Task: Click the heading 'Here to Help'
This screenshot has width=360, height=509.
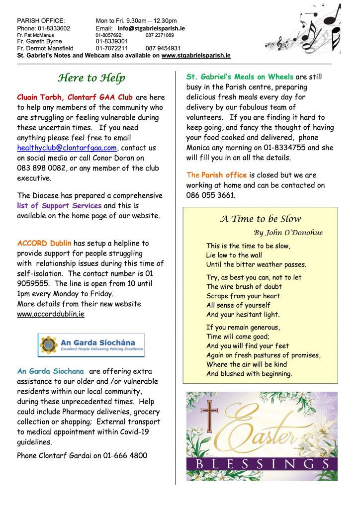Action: [x=91, y=78]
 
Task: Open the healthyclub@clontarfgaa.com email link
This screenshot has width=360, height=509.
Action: [x=67, y=148]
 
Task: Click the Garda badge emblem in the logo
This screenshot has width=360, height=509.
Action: [x=49, y=345]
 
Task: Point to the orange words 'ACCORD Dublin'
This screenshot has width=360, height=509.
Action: [x=44, y=243]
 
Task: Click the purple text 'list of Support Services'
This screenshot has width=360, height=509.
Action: [x=59, y=205]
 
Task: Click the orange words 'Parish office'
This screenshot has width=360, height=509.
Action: [x=224, y=175]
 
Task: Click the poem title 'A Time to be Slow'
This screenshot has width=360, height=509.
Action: [x=261, y=219]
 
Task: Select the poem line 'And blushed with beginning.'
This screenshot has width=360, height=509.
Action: [x=249, y=374]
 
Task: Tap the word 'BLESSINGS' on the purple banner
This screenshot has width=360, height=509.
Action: [x=262, y=464]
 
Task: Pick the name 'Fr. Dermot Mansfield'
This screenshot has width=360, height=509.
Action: [x=45, y=49]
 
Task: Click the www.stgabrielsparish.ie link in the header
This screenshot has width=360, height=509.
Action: [x=196, y=56]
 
